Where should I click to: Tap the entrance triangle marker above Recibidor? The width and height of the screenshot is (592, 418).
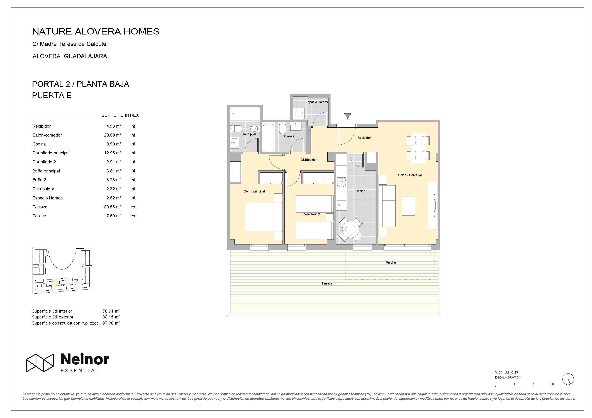click(348, 116)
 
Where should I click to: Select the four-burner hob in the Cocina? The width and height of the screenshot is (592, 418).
click(341, 182)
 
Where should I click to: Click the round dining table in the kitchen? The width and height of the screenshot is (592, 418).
click(350, 229)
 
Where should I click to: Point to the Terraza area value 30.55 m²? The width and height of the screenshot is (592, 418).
click(112, 207)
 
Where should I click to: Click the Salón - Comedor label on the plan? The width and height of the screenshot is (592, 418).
click(410, 175)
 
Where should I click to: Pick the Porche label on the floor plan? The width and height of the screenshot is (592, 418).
click(391, 263)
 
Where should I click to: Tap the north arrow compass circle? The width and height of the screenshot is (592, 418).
click(568, 379)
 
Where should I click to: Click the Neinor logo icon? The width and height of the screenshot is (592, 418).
click(40, 363)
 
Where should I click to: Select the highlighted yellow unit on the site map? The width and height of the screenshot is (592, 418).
click(56, 282)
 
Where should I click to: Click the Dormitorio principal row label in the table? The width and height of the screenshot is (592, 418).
click(51, 153)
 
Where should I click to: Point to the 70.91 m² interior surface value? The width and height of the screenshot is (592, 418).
click(111, 311)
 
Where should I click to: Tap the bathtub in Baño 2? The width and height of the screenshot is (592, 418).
click(268, 137)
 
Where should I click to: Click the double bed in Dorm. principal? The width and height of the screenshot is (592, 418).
click(263, 217)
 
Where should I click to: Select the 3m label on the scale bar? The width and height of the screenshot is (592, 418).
click(552, 384)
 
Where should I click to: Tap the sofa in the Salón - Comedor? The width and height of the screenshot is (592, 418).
click(387, 206)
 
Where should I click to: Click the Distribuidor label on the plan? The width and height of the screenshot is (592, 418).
click(309, 160)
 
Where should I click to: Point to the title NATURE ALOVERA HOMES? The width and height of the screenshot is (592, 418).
click(96, 31)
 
